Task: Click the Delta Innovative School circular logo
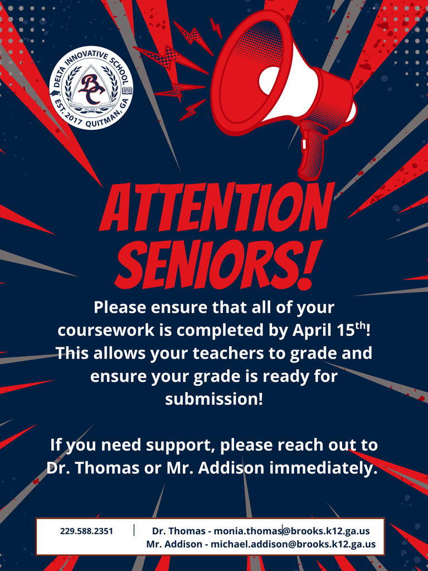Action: (x=91, y=88)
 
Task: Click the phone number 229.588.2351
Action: (x=86, y=531)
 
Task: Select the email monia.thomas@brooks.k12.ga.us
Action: (x=291, y=531)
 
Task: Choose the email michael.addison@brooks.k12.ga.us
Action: (x=293, y=544)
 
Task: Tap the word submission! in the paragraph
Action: (x=213, y=399)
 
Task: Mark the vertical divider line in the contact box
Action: (x=134, y=530)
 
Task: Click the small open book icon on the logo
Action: (x=128, y=90)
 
